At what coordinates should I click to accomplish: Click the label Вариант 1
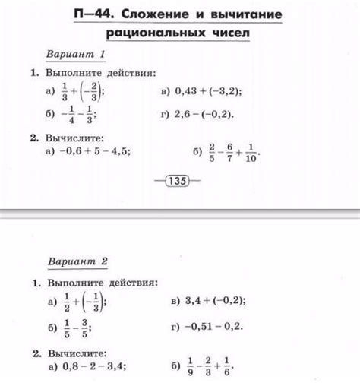point(75,55)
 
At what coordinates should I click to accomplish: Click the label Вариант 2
point(78,261)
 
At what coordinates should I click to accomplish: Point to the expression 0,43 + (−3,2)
point(208,92)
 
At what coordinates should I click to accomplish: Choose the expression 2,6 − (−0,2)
point(204,115)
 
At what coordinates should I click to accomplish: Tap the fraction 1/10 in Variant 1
point(251,151)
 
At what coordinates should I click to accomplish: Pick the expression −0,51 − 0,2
point(208,326)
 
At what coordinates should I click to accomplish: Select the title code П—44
point(99,15)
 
